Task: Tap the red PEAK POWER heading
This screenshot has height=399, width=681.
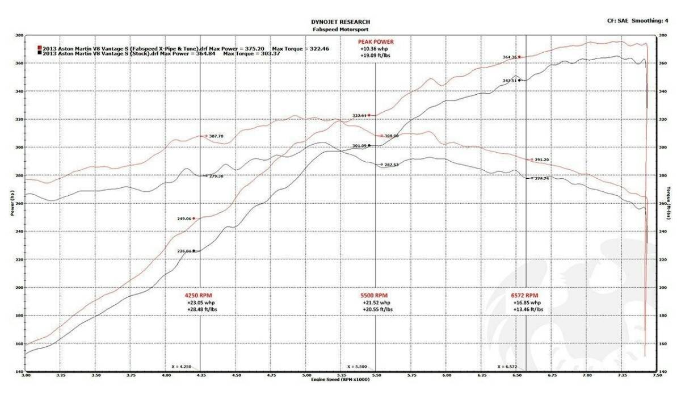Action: [375, 42]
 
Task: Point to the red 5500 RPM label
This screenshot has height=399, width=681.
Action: [374, 296]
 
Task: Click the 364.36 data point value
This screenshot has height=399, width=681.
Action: [510, 57]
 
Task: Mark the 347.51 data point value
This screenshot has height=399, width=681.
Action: [510, 81]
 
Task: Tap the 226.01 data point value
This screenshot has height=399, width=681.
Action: [185, 251]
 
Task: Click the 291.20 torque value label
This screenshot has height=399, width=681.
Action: [542, 159]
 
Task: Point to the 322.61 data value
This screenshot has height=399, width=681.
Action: [360, 115]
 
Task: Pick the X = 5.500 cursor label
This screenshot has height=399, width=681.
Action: [358, 367]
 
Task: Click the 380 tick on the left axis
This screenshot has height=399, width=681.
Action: [19, 35]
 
